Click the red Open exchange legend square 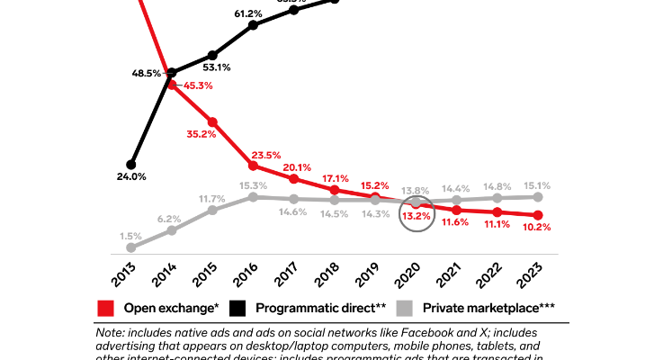click(x=104, y=308)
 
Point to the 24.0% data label click(x=131, y=177)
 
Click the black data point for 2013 click(x=131, y=164)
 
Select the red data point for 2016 click(x=254, y=166)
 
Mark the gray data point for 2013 click(x=131, y=247)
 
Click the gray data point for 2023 click(x=538, y=196)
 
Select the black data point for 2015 click(x=212, y=55)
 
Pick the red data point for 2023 click(x=538, y=215)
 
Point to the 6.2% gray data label click(x=170, y=219)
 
